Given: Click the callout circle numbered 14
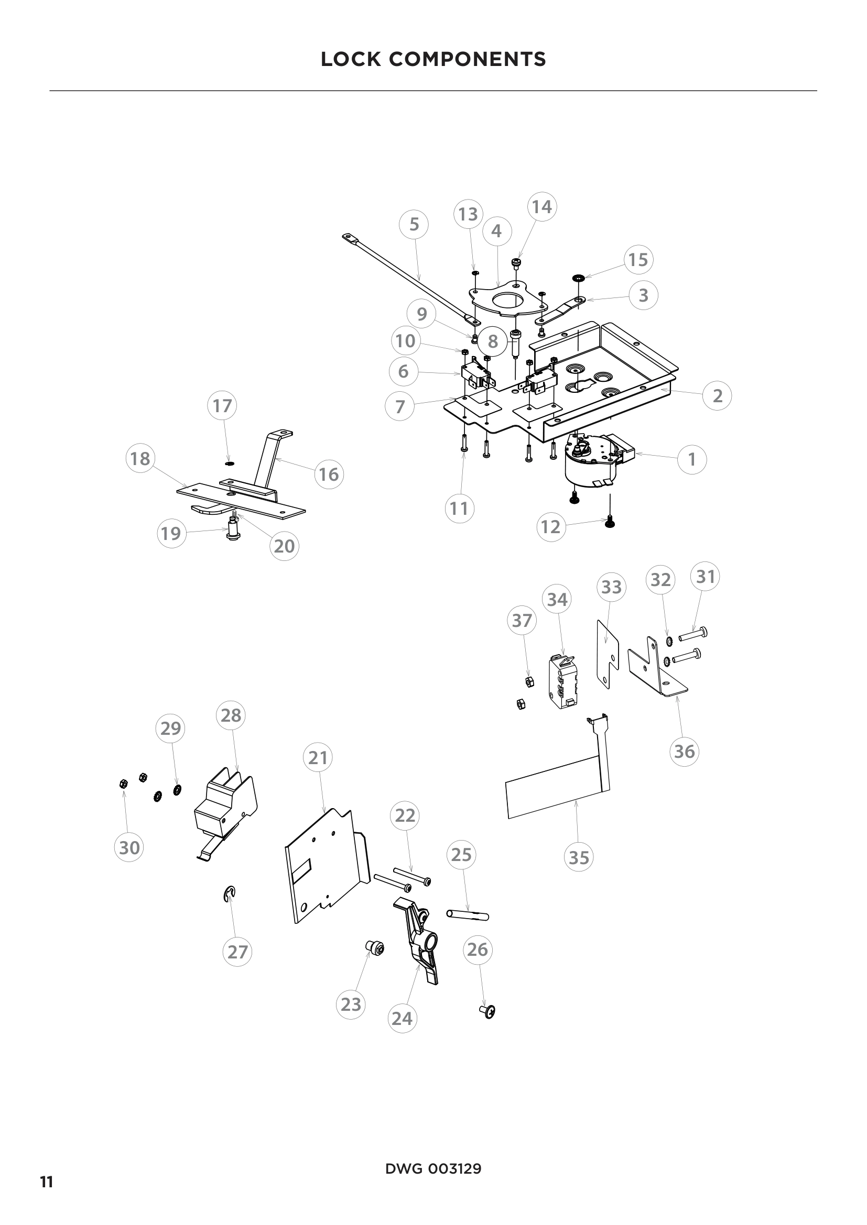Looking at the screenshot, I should coord(542,206).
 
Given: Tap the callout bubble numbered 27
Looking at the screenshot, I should coord(237,951).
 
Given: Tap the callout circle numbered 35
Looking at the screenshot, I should coord(579,857).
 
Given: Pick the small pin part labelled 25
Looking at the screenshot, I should coord(467,915).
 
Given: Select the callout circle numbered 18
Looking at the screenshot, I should coord(140,458).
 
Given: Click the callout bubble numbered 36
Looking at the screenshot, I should coord(685,751).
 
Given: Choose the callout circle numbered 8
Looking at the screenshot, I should coord(492,341).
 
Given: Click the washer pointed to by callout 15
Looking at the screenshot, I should coord(578,278).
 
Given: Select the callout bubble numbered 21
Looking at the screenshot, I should coord(318,757).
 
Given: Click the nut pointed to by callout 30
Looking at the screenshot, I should coord(123,784).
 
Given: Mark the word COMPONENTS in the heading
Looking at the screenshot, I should coord(468,59).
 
